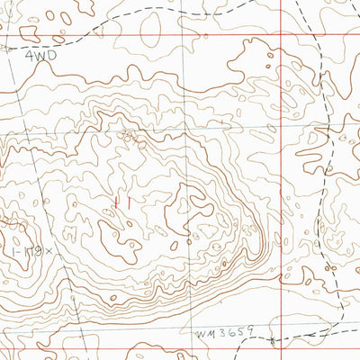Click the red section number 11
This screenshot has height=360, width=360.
coord(122,204)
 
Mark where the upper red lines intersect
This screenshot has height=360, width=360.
coord(282,36)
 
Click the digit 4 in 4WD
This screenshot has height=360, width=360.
coord(29,55)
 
